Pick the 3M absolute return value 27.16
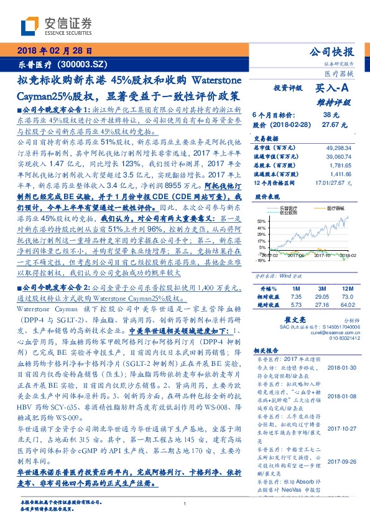(321, 304)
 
